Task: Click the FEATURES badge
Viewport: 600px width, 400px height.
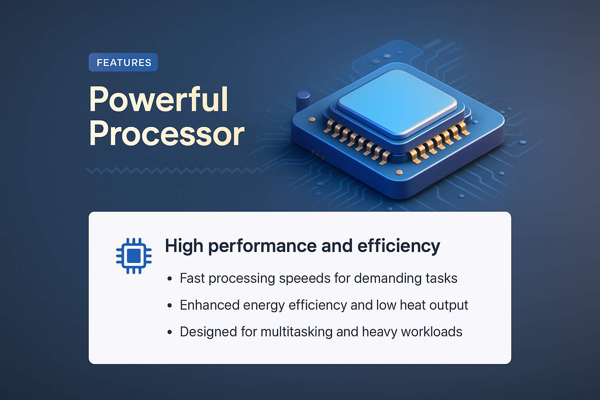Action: click(x=123, y=62)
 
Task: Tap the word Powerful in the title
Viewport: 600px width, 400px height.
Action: click(x=159, y=99)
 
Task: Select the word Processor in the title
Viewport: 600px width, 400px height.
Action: click(x=167, y=134)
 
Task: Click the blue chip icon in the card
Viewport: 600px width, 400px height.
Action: click(x=134, y=256)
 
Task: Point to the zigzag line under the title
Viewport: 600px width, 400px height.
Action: click(x=174, y=171)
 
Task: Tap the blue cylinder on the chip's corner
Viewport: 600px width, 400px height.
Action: click(x=303, y=101)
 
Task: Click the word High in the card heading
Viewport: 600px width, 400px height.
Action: click(x=184, y=246)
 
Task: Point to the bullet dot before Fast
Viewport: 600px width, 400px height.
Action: click(x=170, y=279)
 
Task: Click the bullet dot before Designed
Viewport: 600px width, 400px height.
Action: click(x=170, y=332)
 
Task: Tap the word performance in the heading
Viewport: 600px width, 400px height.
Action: click(x=262, y=246)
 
